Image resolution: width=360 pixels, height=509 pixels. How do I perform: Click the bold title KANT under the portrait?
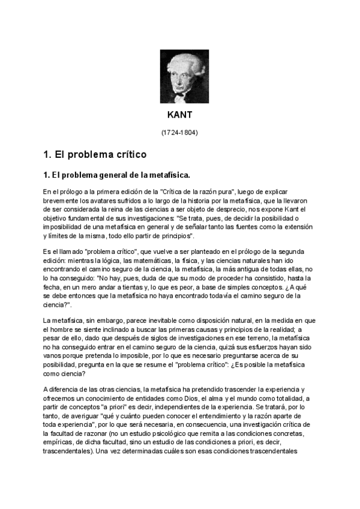(x=179, y=114)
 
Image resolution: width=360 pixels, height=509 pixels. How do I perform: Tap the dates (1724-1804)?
(x=179, y=131)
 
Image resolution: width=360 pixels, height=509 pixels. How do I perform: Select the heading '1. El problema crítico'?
(x=95, y=154)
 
